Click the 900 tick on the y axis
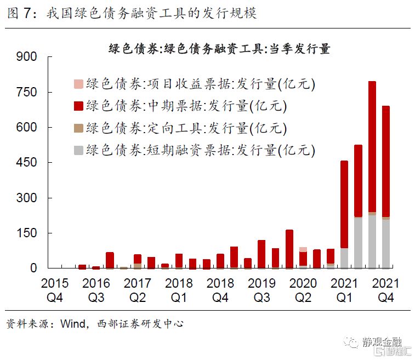point(27,57)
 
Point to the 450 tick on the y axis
point(27,163)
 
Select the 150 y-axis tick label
point(27,233)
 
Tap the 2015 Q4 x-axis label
point(55,290)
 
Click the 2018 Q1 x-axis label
point(179,290)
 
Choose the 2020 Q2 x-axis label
point(303,290)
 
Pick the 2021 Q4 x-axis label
point(386,290)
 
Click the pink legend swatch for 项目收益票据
point(78,84)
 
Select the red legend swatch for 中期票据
point(78,106)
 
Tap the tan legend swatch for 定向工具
point(78,128)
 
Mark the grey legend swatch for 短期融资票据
point(78,150)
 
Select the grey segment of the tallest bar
point(372,242)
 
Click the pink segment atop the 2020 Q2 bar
point(303,249)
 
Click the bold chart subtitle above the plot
point(219,49)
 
